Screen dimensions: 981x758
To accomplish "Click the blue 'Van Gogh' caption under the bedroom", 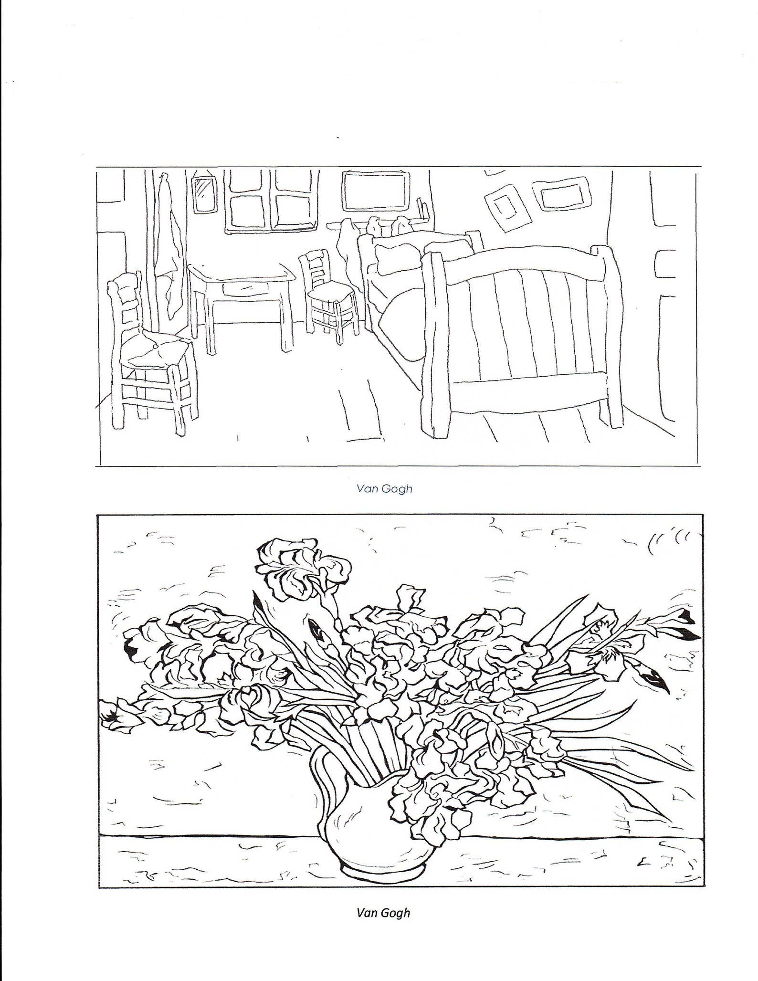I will tap(384, 489).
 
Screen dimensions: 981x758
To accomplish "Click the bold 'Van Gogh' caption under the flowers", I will tap(383, 913).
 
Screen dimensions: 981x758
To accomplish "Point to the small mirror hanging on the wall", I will tap(204, 192).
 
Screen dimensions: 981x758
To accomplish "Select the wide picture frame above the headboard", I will tap(376, 190).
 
